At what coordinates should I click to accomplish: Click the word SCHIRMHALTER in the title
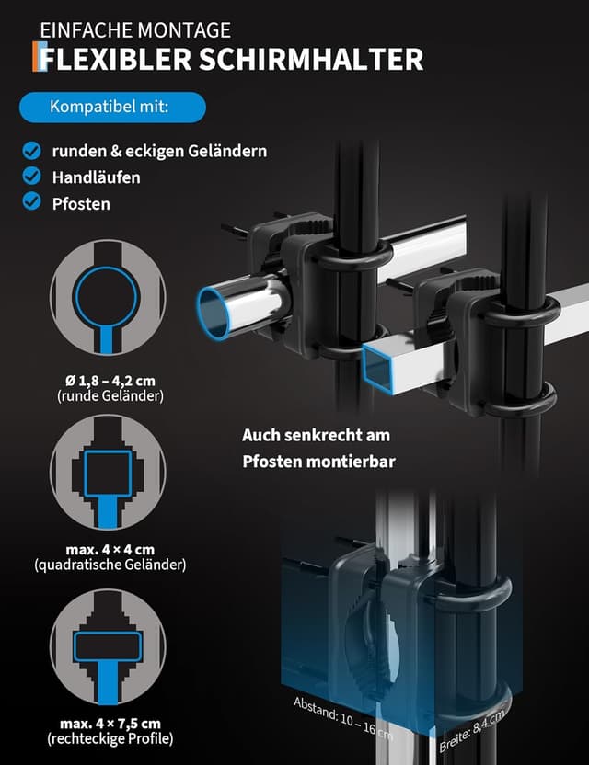pyautogui.click(x=311, y=59)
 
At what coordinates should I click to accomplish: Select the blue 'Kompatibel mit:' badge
pyautogui.click(x=112, y=107)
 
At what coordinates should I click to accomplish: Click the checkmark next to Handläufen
pyautogui.click(x=31, y=177)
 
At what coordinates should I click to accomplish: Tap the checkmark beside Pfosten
pyautogui.click(x=31, y=201)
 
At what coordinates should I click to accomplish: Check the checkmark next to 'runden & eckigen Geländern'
pyautogui.click(x=31, y=151)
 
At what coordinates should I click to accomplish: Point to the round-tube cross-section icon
pyautogui.click(x=108, y=298)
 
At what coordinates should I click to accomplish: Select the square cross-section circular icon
pyautogui.click(x=108, y=472)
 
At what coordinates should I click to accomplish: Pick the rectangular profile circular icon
pyautogui.click(x=108, y=646)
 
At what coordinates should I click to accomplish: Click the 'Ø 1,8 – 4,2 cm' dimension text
pyautogui.click(x=110, y=381)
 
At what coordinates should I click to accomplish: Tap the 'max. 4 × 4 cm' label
pyautogui.click(x=110, y=549)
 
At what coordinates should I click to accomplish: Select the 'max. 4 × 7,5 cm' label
pyautogui.click(x=110, y=724)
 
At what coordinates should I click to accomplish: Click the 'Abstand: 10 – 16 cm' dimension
pyautogui.click(x=343, y=718)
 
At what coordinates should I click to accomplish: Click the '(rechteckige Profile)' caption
pyautogui.click(x=110, y=738)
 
